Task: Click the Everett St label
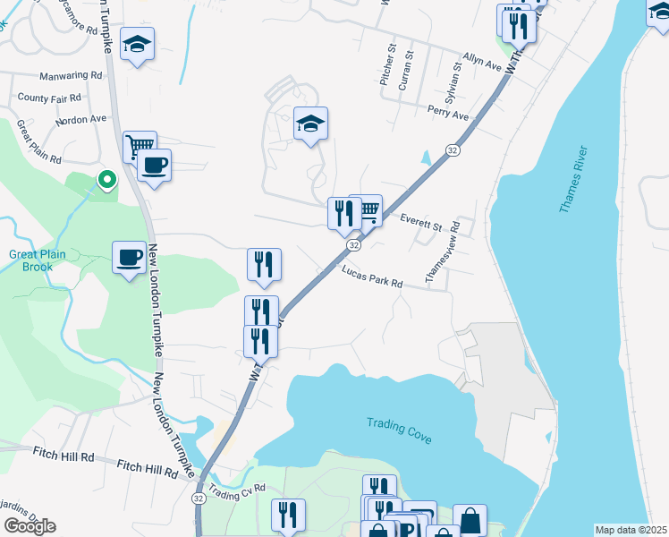tap(422, 222)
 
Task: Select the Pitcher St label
tap(386, 66)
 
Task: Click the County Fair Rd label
tap(49, 98)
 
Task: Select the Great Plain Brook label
tap(37, 260)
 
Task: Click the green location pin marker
tap(106, 180)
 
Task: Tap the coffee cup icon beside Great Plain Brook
tap(129, 258)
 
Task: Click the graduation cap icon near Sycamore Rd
tap(137, 44)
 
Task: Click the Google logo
tap(30, 526)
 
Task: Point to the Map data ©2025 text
tap(631, 530)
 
